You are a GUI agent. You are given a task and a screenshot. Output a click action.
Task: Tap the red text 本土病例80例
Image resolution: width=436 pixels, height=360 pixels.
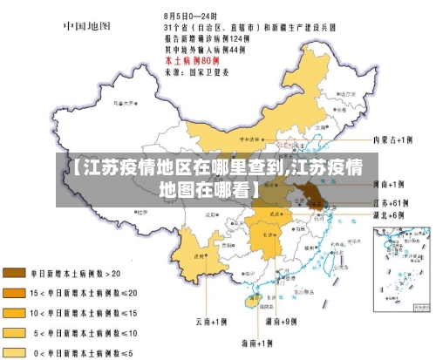192,61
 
